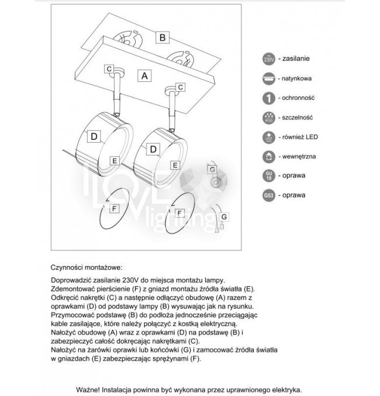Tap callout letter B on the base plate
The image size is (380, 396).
point(164,38)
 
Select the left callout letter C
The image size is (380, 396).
point(109,69)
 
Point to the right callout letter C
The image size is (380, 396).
point(181,87)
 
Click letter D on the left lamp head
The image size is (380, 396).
point(93,136)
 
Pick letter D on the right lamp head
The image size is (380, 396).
point(153,150)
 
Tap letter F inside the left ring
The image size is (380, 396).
point(115,208)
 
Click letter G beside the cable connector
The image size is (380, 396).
point(224,217)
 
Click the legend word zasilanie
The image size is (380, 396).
point(296,59)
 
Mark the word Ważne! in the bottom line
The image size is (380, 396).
point(91,389)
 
